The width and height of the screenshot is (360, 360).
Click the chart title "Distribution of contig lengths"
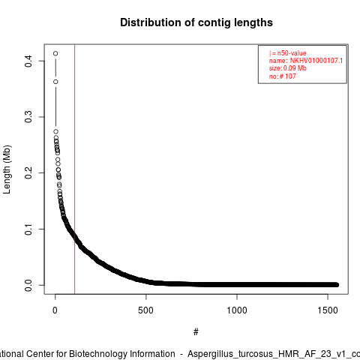(196, 22)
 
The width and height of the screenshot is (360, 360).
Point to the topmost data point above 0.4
(55, 53)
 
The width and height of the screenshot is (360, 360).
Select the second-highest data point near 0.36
(55, 82)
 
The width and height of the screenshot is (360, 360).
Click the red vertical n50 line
(75, 169)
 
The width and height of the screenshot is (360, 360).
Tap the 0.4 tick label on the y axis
(28, 61)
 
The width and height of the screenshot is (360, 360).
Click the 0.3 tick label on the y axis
(28, 117)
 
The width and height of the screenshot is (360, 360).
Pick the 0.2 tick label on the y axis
(28, 172)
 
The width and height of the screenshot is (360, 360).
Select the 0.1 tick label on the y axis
(28, 229)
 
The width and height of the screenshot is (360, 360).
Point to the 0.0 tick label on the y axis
(28, 285)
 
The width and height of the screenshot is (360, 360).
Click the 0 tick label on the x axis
(55, 310)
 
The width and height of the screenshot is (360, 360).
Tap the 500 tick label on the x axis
(145, 310)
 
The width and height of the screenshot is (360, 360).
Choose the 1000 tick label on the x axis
(237, 310)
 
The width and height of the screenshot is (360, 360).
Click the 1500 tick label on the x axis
(328, 310)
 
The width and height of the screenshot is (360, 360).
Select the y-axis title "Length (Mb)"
(7, 169)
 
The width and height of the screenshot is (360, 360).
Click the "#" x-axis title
(196, 332)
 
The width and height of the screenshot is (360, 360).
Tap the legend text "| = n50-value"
(288, 53)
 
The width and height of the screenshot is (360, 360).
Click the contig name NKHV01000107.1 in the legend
(316, 61)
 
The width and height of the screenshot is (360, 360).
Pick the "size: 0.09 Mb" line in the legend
(288, 68)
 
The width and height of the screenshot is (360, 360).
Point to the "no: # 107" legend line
(283, 76)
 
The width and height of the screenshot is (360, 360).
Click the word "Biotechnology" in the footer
(122, 354)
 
